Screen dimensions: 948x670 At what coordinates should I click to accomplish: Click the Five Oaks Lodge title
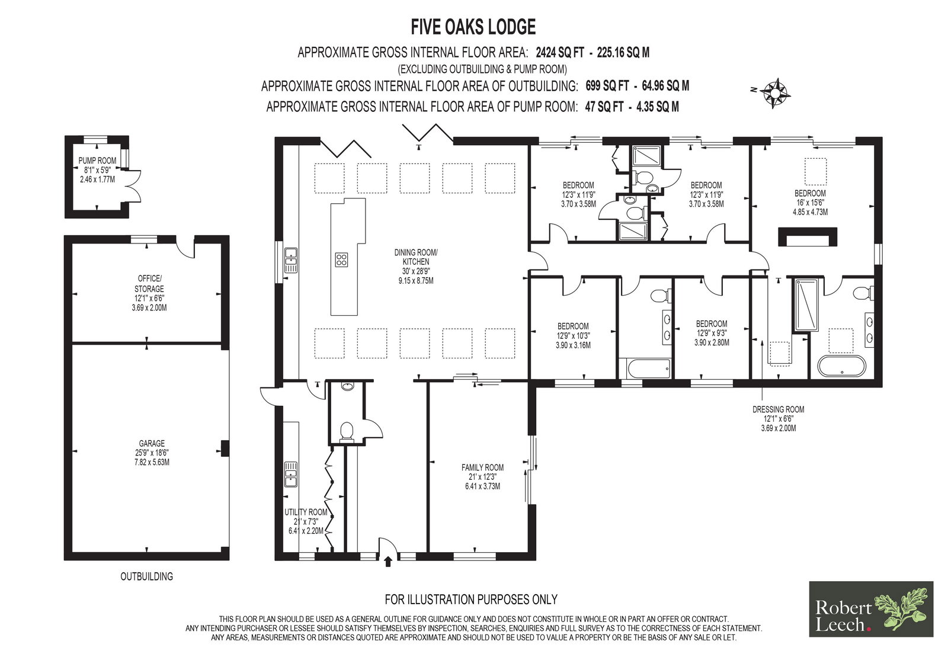(x=473, y=27)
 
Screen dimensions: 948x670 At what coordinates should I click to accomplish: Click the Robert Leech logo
(x=871, y=608)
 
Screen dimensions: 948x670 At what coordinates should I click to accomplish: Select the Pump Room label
(x=97, y=170)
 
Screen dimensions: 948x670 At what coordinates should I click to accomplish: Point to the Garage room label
(x=152, y=453)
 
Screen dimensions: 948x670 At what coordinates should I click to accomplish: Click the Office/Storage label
(x=149, y=293)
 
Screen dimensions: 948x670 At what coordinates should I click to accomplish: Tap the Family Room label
(x=482, y=477)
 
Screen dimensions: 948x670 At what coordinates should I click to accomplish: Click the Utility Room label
(x=306, y=521)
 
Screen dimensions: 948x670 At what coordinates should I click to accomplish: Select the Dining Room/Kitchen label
(x=416, y=266)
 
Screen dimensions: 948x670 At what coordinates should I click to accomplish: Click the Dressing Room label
(x=779, y=419)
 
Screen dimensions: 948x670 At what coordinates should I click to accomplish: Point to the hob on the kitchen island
(x=341, y=259)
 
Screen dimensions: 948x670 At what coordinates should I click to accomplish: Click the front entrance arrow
(x=388, y=562)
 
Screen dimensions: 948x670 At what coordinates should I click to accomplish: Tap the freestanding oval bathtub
(x=842, y=366)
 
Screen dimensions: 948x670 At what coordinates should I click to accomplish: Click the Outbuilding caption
(x=147, y=576)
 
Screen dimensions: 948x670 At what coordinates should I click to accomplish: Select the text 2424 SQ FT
(x=560, y=53)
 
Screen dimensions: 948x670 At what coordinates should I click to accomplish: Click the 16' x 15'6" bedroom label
(x=810, y=203)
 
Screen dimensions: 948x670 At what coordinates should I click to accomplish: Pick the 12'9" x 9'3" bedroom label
(x=712, y=333)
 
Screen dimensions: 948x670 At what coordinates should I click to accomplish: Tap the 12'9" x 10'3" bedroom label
(x=573, y=336)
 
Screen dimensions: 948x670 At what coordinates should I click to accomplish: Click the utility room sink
(x=291, y=474)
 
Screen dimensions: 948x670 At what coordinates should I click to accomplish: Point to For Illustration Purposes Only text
(x=471, y=600)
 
